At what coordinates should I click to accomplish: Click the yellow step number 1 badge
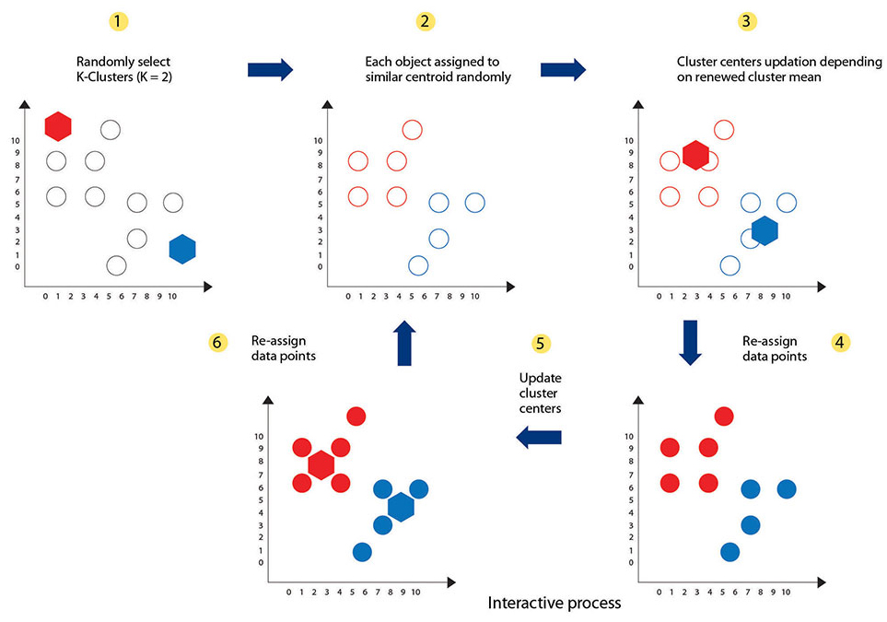click(x=116, y=19)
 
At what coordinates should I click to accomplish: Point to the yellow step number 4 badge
click(x=839, y=342)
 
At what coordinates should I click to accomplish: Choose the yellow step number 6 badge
click(x=218, y=342)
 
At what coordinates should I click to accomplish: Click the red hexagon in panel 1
click(x=58, y=125)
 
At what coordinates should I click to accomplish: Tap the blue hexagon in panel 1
click(x=183, y=248)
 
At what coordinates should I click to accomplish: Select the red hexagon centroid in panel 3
click(x=695, y=155)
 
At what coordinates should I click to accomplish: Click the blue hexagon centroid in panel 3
click(x=764, y=230)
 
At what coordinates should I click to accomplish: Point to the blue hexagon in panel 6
click(x=401, y=506)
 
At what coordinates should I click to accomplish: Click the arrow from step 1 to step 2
click(x=270, y=69)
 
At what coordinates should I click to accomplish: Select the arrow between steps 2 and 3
click(x=563, y=69)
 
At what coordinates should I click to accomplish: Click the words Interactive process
click(x=554, y=604)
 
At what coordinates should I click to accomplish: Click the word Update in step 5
click(x=540, y=379)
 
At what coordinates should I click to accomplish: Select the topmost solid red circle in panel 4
click(x=724, y=417)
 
